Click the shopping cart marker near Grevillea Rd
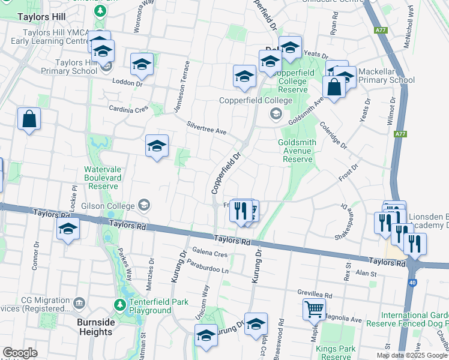tap(315, 310)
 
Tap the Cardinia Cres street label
tap(128, 109)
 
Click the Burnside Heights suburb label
tap(96, 327)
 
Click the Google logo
tap(20, 353)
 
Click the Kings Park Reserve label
tap(336, 353)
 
